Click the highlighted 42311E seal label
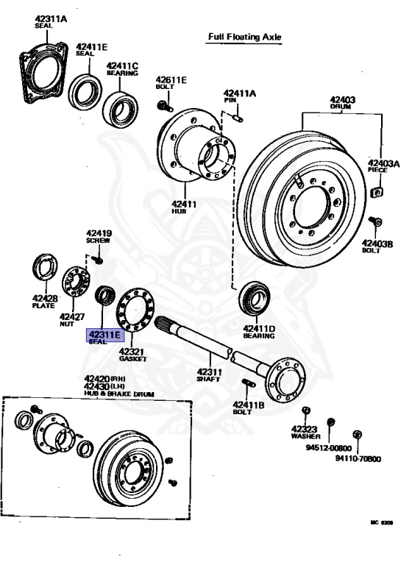(x=105, y=336)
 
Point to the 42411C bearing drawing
(x=120, y=107)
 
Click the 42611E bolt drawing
(x=163, y=107)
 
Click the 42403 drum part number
(x=343, y=99)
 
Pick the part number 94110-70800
(x=358, y=458)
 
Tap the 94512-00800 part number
(x=330, y=447)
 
